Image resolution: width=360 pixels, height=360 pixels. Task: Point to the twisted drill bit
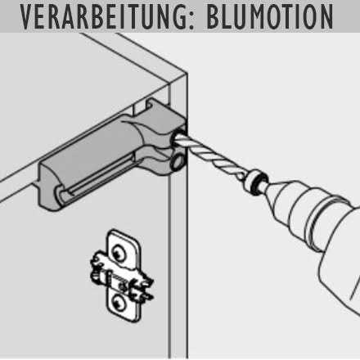click(211, 155)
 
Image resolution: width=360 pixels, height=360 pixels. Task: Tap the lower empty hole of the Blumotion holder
click(178, 160)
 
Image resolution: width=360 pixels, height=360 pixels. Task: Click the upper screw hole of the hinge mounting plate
click(119, 252)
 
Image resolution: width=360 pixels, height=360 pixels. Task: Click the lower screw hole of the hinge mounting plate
click(119, 302)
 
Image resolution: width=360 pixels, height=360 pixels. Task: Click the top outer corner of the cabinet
click(187, 73)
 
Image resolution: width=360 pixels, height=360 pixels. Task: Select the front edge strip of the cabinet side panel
click(178, 218)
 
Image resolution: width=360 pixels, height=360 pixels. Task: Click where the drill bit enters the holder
click(178, 137)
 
